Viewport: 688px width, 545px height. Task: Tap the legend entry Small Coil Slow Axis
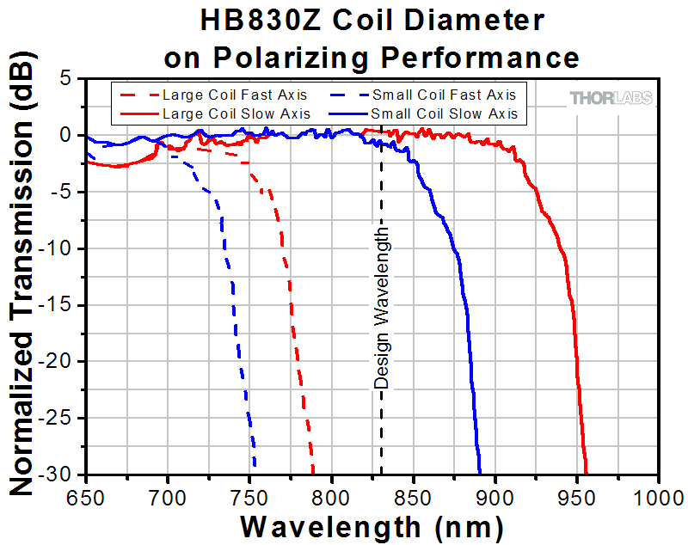tap(444, 113)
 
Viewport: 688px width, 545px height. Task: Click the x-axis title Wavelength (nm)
tap(372, 524)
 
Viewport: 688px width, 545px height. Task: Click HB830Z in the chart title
tap(249, 20)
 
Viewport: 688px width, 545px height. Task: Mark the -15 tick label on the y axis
tap(60, 305)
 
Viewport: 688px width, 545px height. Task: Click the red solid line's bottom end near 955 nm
tap(587, 472)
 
